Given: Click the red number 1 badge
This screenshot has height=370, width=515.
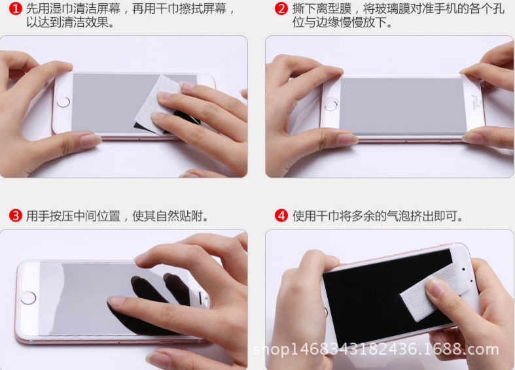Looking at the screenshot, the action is point(16,8).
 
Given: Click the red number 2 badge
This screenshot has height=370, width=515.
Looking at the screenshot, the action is point(281,8).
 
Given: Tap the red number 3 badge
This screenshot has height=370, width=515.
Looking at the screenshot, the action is point(16,216).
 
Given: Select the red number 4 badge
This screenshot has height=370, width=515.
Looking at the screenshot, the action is point(281,216).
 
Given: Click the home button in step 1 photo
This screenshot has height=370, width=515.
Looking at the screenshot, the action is point(63,102).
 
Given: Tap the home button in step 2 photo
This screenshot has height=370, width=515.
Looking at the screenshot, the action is point(330,105).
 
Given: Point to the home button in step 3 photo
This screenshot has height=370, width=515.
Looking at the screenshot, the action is point(28,298).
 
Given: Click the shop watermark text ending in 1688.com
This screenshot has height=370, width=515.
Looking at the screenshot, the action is point(376,350).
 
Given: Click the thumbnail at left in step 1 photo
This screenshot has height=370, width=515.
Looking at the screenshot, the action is point(89,141).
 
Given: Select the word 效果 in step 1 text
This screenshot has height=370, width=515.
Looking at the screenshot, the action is point(97,22).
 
